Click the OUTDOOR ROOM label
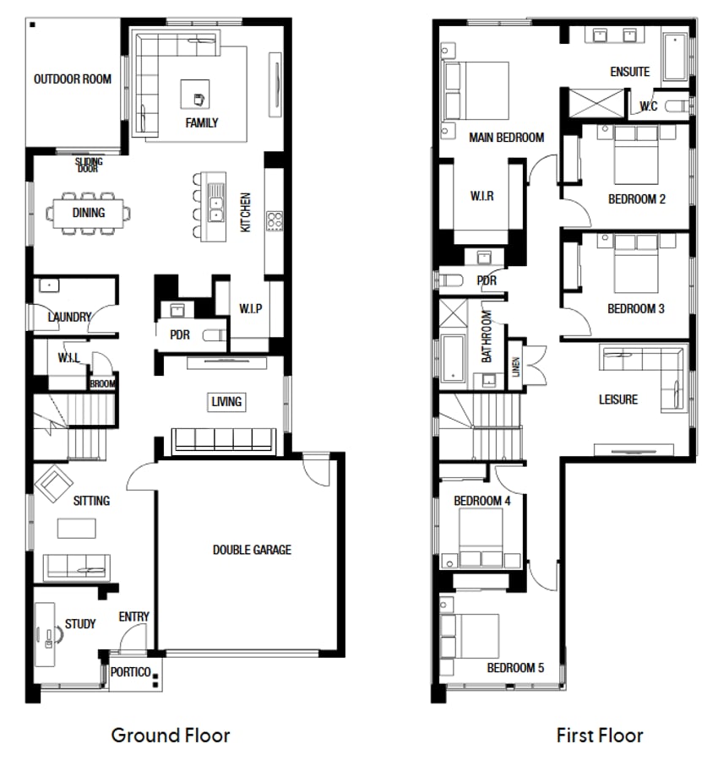(x=72, y=79)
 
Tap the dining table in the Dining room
(x=89, y=213)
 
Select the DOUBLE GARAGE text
(x=251, y=550)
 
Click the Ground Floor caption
(x=170, y=735)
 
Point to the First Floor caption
(x=599, y=735)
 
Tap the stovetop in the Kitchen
(x=275, y=220)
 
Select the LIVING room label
(x=226, y=402)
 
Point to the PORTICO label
(x=131, y=672)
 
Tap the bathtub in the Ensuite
(x=675, y=57)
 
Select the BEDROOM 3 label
(x=635, y=309)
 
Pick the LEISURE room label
(x=617, y=399)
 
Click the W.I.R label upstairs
(x=481, y=196)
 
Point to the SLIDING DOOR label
(x=89, y=165)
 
